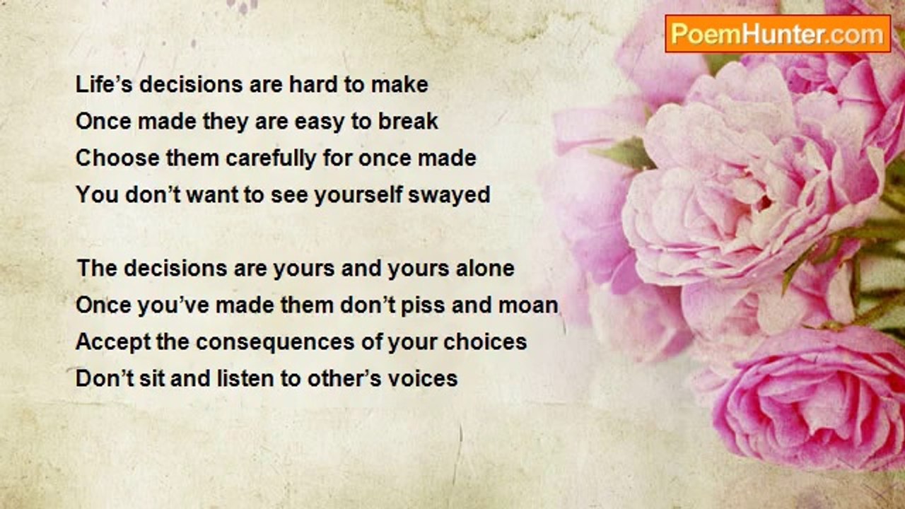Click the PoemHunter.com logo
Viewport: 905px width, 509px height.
click(x=778, y=34)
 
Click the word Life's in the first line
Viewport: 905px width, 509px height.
click(x=104, y=84)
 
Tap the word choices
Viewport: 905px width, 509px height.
click(x=485, y=341)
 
